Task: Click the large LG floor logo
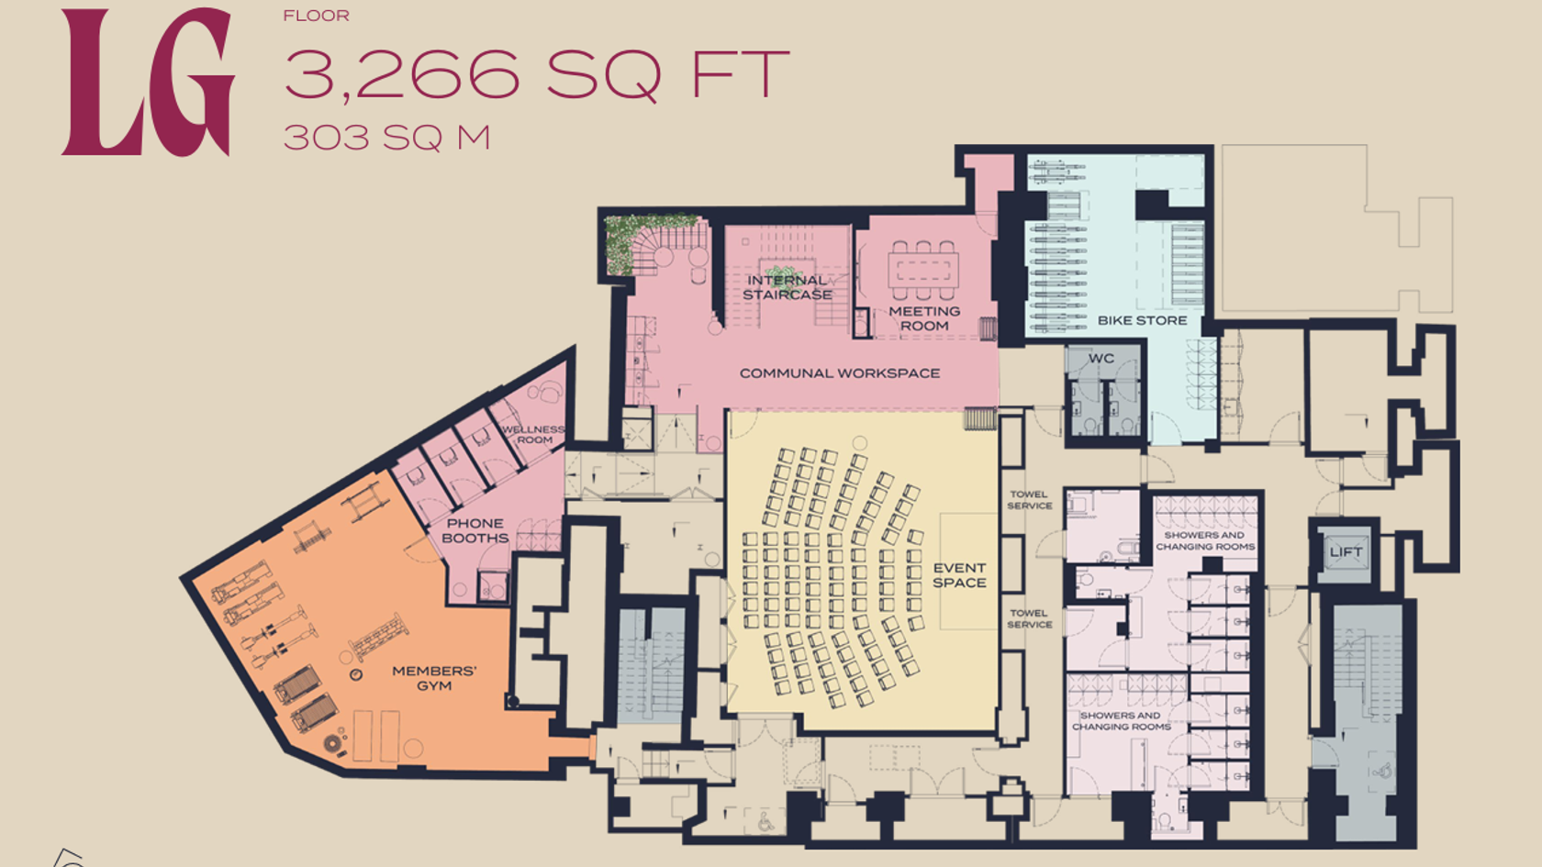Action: pyautogui.click(x=148, y=82)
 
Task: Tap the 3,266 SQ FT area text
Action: pyautogui.click(x=536, y=75)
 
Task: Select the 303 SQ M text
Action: pyautogui.click(x=387, y=138)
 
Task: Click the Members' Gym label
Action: pyautogui.click(x=434, y=679)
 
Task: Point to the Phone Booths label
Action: pyautogui.click(x=475, y=530)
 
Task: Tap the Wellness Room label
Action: pyautogui.click(x=533, y=435)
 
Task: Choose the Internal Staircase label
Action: pyautogui.click(x=787, y=288)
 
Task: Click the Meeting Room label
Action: pyautogui.click(x=924, y=318)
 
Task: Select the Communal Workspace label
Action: pyautogui.click(x=840, y=372)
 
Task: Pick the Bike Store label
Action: pyautogui.click(x=1143, y=321)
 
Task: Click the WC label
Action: pyautogui.click(x=1101, y=359)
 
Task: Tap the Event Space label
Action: pyautogui.click(x=960, y=575)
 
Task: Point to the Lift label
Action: pyautogui.click(x=1346, y=552)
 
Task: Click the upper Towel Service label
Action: pyautogui.click(x=1030, y=500)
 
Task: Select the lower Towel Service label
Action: pyautogui.click(x=1030, y=618)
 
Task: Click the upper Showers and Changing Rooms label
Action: pyautogui.click(x=1205, y=541)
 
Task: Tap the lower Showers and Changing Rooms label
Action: pyautogui.click(x=1122, y=721)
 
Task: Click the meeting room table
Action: pyautogui.click(x=923, y=270)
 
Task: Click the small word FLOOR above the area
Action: pyautogui.click(x=317, y=16)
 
